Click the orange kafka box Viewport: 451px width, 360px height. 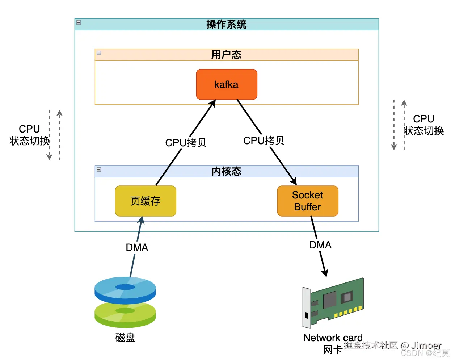[x=227, y=84]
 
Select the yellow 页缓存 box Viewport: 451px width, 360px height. [x=146, y=201]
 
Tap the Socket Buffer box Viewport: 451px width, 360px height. [x=308, y=201]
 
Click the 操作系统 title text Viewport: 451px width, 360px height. [x=226, y=24]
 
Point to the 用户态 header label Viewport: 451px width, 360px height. [x=226, y=55]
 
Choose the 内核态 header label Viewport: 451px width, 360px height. [x=226, y=171]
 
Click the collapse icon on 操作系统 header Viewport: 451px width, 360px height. [x=79, y=22]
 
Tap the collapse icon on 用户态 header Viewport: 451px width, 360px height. [x=99, y=53]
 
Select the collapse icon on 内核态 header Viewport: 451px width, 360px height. [x=99, y=169]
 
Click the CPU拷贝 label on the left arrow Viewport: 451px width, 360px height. [x=186, y=143]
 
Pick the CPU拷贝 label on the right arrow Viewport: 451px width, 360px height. [x=264, y=141]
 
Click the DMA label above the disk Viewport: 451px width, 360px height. [x=137, y=248]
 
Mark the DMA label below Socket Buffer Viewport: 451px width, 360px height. [x=320, y=245]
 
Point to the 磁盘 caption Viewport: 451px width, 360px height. [x=125, y=338]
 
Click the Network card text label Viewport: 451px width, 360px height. [x=333, y=338]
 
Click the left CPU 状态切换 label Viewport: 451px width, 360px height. [x=29, y=135]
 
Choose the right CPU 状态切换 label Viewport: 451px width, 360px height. [x=423, y=125]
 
